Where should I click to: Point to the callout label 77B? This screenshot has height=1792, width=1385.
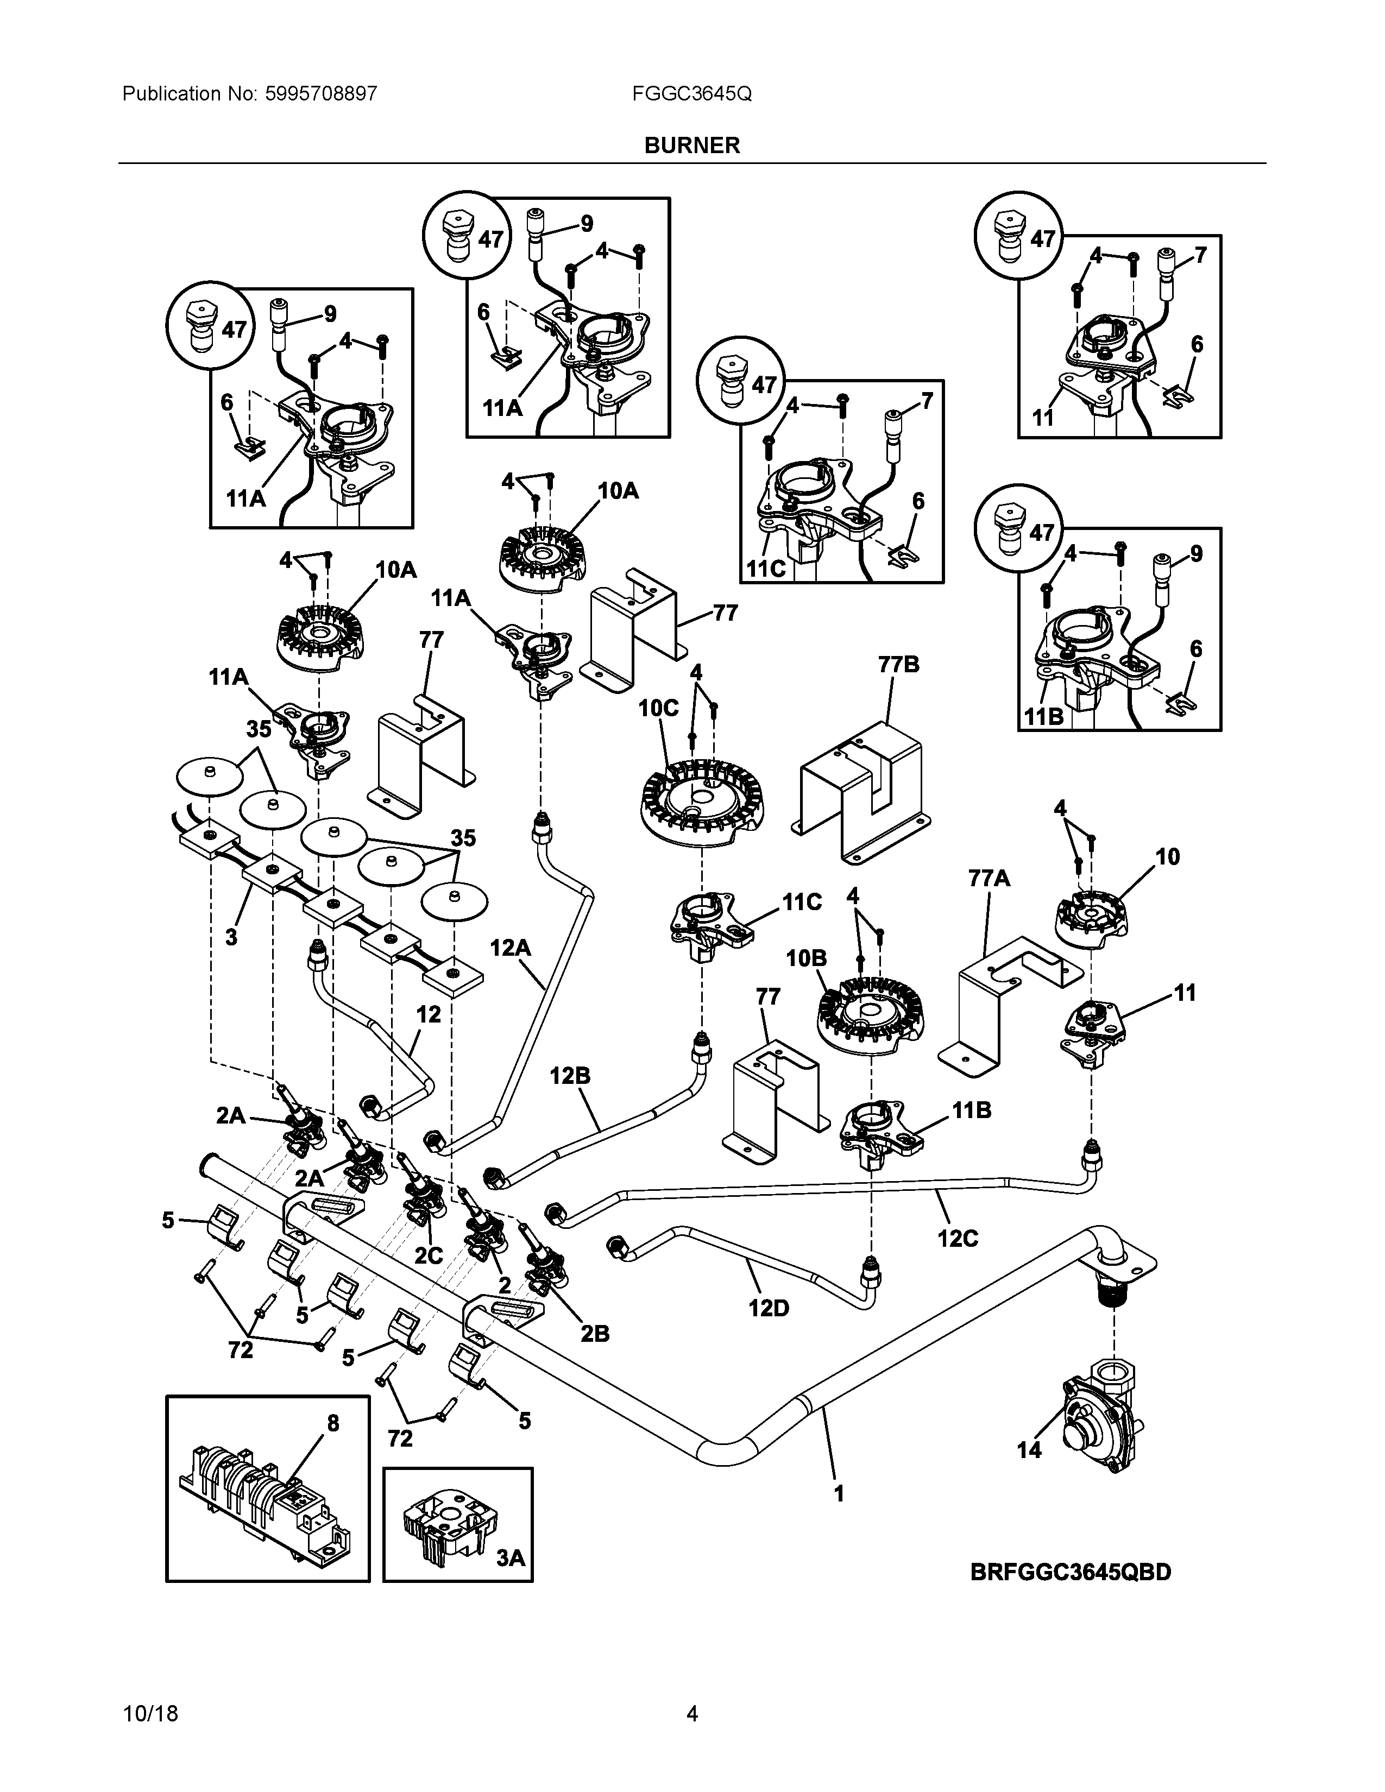(x=899, y=665)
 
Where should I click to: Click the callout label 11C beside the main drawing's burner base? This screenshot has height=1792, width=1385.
(x=802, y=903)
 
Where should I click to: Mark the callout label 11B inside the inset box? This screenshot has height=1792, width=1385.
(x=1043, y=716)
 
